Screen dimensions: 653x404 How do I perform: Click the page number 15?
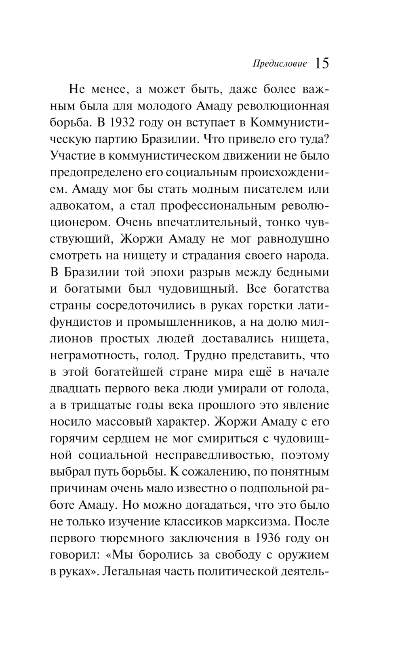click(322, 64)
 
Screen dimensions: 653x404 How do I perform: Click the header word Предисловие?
click(280, 64)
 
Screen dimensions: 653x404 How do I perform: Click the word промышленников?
click(191, 322)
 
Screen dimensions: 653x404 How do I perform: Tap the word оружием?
click(303, 555)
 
